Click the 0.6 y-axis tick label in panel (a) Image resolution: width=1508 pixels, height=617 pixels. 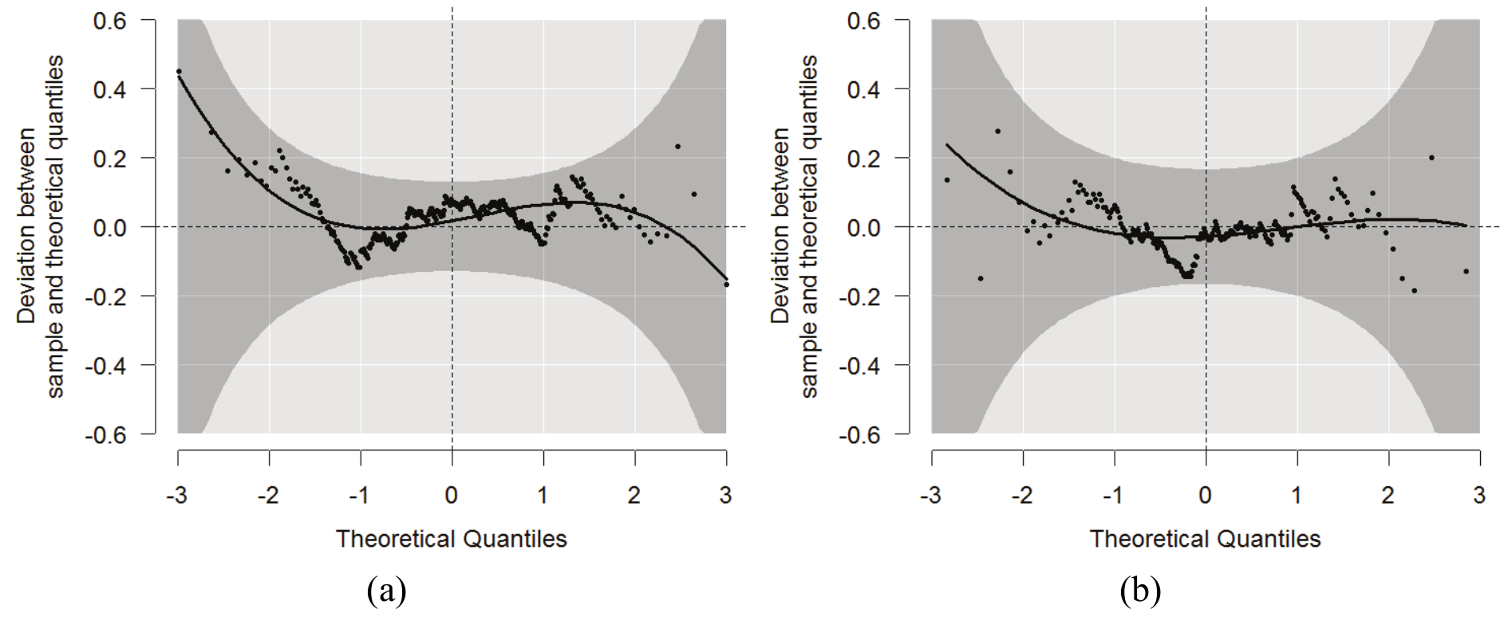pyautogui.click(x=109, y=20)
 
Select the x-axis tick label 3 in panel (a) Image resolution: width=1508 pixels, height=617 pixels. pyautogui.click(x=725, y=496)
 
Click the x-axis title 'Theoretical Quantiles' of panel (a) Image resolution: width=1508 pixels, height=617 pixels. pyautogui.click(x=451, y=539)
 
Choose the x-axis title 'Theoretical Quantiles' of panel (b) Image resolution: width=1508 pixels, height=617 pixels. pyautogui.click(x=1205, y=539)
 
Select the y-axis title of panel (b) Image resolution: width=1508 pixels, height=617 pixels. pyautogui.click(x=794, y=226)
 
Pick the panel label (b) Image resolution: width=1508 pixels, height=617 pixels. pyautogui.click(x=1140, y=591)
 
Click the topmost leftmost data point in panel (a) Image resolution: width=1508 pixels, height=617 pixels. pyautogui.click(x=179, y=72)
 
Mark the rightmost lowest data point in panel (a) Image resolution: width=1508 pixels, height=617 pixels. pyautogui.click(x=726, y=284)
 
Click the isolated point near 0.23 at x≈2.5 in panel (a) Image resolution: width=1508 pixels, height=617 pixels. pyautogui.click(x=677, y=147)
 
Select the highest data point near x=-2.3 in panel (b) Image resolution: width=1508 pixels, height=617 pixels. pyautogui.click(x=997, y=132)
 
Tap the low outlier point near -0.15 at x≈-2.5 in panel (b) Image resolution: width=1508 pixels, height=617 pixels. pyautogui.click(x=981, y=278)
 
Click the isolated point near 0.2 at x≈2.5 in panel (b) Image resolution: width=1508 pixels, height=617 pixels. pyautogui.click(x=1431, y=158)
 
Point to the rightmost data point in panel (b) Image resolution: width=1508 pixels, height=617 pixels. pyautogui.click(x=1466, y=272)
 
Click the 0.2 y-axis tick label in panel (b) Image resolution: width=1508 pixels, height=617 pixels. pyautogui.click(x=863, y=158)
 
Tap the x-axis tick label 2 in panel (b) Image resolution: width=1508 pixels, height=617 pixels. pyautogui.click(x=1388, y=496)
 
